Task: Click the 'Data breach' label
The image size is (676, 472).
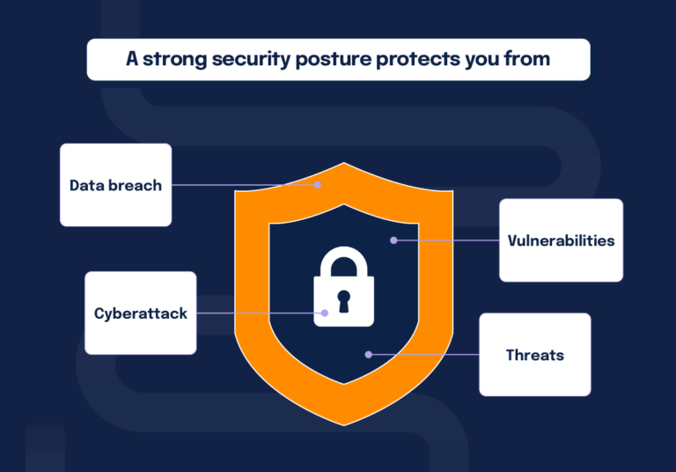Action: [x=115, y=186]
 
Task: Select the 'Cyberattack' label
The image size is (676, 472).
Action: [x=141, y=313]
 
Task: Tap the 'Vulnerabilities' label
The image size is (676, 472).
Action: [x=561, y=240]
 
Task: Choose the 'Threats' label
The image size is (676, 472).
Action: [x=534, y=356]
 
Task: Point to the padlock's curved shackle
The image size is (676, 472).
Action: [x=343, y=258]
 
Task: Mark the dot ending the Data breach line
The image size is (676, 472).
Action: [x=319, y=185]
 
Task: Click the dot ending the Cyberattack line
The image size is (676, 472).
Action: [x=325, y=313]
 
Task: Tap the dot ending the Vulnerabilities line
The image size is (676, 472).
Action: [x=393, y=240]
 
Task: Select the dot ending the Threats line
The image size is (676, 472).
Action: [x=368, y=355]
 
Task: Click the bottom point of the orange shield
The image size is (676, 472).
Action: [x=343, y=423]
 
